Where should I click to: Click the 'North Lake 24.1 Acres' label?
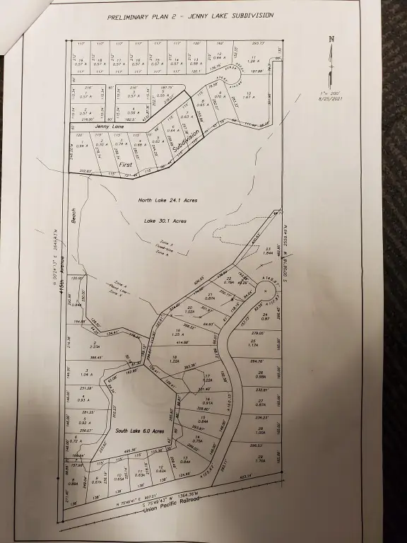pyautogui.click(x=167, y=200)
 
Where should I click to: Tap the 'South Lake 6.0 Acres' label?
pyautogui.click(x=140, y=431)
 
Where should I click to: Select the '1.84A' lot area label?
pyautogui.click(x=268, y=252)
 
